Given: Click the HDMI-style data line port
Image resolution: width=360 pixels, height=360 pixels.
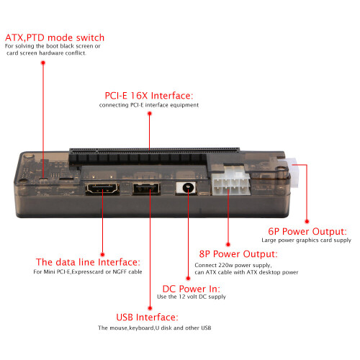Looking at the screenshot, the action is pos(102,189).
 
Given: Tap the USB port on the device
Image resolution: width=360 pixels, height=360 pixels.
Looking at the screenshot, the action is pos(146,189).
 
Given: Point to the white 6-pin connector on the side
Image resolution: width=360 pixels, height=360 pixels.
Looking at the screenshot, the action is pos(293,172).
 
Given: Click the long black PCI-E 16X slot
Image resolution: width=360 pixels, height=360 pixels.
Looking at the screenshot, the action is pos(153,156).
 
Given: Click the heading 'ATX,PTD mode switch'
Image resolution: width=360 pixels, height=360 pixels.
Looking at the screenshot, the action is pos(55,38).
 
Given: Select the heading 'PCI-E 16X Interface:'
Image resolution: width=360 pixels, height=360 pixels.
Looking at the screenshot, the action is pos(149,96).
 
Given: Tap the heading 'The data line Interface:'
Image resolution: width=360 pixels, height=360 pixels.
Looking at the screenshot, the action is pos(88,262).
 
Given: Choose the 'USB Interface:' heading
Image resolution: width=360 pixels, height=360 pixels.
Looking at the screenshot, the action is pos(147,318).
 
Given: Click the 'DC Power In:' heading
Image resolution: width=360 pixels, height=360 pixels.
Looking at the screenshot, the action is pos(192,289).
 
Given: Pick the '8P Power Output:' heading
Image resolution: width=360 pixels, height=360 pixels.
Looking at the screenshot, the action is pos(238,254).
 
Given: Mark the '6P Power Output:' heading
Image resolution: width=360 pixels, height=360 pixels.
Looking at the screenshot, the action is pos(307,231).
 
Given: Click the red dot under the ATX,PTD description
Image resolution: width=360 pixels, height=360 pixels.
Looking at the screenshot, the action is pos(43,63).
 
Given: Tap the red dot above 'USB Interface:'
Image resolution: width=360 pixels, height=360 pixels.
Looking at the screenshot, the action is pos(150,308).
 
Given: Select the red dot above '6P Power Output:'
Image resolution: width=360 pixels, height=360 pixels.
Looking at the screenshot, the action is pos(307,221).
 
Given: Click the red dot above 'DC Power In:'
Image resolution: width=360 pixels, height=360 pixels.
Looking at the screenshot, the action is pos(188,279).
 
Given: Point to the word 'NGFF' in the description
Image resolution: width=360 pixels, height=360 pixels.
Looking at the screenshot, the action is pos(120,271).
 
